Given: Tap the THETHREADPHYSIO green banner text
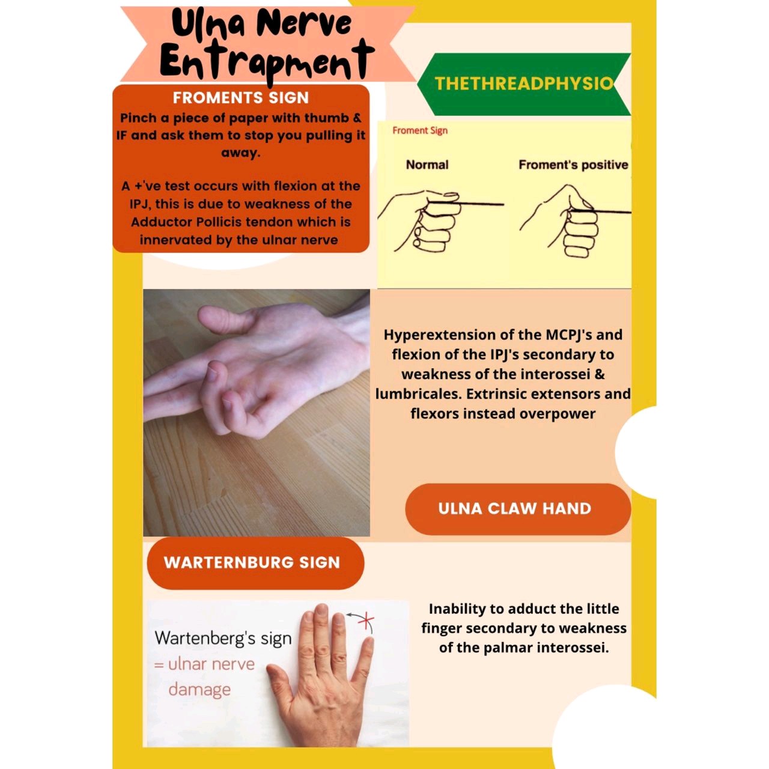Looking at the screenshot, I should (523, 84).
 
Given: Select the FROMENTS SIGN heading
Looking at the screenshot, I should (240, 98).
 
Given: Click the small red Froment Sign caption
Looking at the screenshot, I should (419, 130).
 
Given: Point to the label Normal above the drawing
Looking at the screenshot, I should (427, 165).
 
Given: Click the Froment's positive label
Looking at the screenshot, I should (573, 165).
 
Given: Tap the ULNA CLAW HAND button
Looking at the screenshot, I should (515, 509).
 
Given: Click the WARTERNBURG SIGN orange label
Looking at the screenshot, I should (252, 562).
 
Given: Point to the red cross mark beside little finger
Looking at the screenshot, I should (365, 621).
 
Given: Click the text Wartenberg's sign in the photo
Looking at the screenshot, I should (223, 638).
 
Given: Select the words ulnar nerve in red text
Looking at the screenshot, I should (211, 664).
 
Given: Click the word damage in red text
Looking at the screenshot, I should (199, 689).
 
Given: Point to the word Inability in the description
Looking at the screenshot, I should (457, 609).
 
